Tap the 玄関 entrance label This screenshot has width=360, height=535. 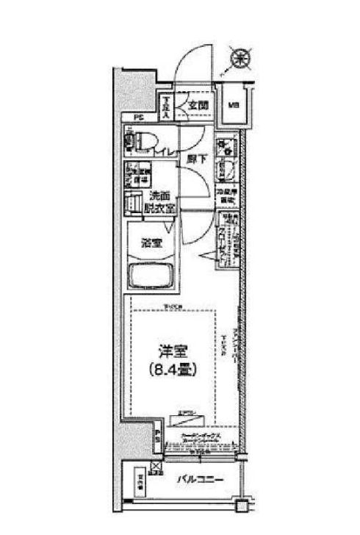pos(197,105)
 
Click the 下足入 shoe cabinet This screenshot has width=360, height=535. pos(168,108)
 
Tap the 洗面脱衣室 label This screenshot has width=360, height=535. pos(162,202)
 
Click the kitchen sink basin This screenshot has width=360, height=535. pos(225,174)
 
